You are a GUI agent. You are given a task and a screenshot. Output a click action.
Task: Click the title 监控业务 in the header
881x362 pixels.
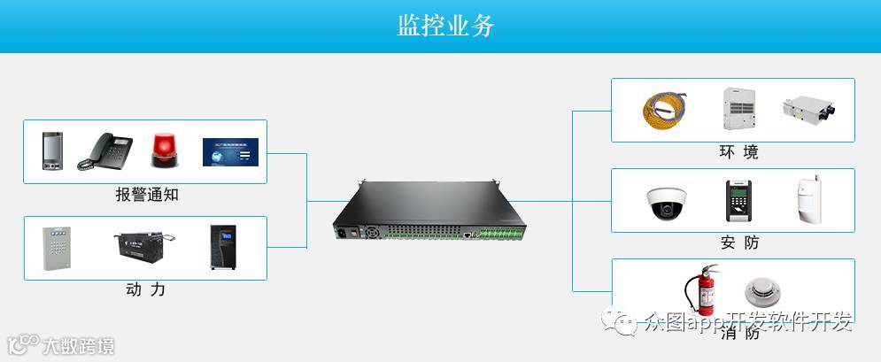[445, 25]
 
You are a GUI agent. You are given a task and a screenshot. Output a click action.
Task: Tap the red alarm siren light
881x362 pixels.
[163, 150]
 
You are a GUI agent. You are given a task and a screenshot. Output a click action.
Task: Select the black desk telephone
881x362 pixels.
[104, 150]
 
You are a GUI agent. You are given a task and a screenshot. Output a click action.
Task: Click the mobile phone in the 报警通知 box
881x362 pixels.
[52, 150]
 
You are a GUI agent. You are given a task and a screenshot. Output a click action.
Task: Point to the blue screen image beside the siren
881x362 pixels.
[230, 151]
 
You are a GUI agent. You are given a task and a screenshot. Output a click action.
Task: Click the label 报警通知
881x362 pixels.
[146, 195]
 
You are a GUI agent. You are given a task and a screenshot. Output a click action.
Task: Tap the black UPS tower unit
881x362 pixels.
[223, 247]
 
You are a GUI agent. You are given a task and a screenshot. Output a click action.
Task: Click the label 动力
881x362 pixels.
[146, 289]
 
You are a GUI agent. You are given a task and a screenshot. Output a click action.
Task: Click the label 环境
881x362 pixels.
[738, 152]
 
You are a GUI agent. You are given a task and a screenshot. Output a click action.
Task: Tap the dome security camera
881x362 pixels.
[665, 203]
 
